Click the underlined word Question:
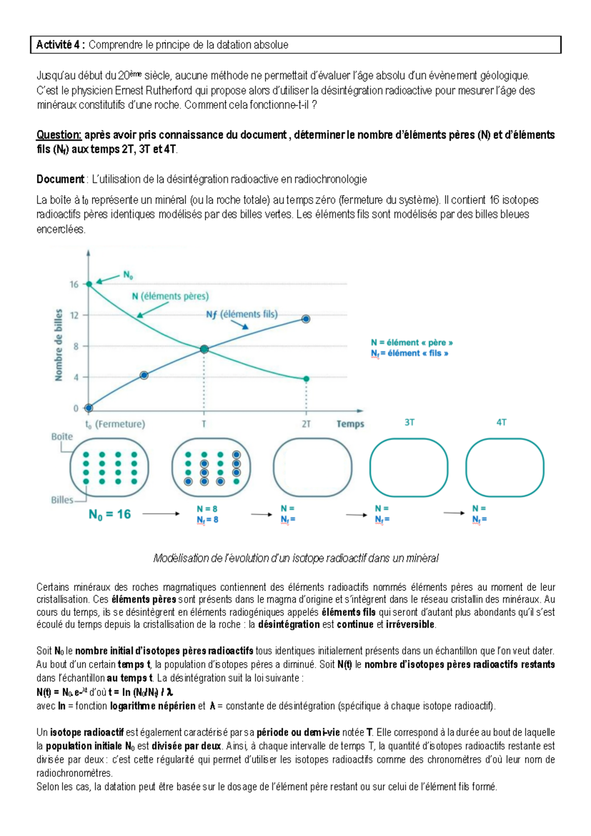pos(59,135)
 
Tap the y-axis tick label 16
pos(74,284)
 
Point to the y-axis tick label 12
pos(74,315)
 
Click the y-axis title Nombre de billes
pos(59,345)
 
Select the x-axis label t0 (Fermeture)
pos(115,424)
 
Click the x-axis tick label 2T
pos(306,424)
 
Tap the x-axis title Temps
pos(350,424)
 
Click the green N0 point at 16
pos(89,284)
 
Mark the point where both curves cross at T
pos(204,349)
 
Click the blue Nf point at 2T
pos(306,319)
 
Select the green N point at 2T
pos(306,379)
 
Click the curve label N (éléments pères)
pos(170,296)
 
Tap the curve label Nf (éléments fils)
pos(241,314)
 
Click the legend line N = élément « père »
pos(412,343)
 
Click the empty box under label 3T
pos(409,467)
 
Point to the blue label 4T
pos(501,422)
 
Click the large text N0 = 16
pos(109,515)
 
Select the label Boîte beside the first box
pos(62,437)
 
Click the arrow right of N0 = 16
pos(161,514)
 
